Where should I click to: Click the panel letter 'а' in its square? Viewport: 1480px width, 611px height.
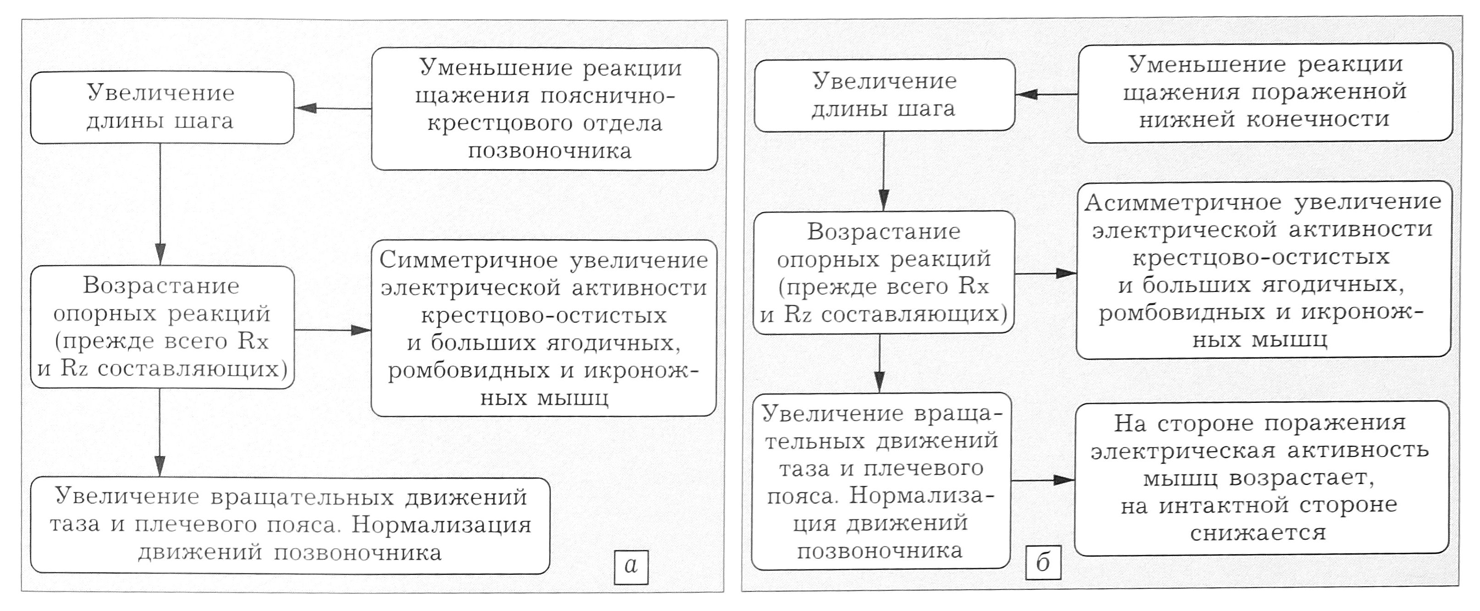click(x=631, y=567)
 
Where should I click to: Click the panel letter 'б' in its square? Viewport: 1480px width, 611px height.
click(x=1043, y=562)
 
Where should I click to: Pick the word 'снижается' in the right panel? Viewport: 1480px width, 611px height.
click(x=1258, y=533)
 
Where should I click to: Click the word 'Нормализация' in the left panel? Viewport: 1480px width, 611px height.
click(x=441, y=525)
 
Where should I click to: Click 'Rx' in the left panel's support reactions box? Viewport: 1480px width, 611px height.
click(x=253, y=341)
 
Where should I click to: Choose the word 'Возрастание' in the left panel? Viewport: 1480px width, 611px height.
click(x=161, y=286)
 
